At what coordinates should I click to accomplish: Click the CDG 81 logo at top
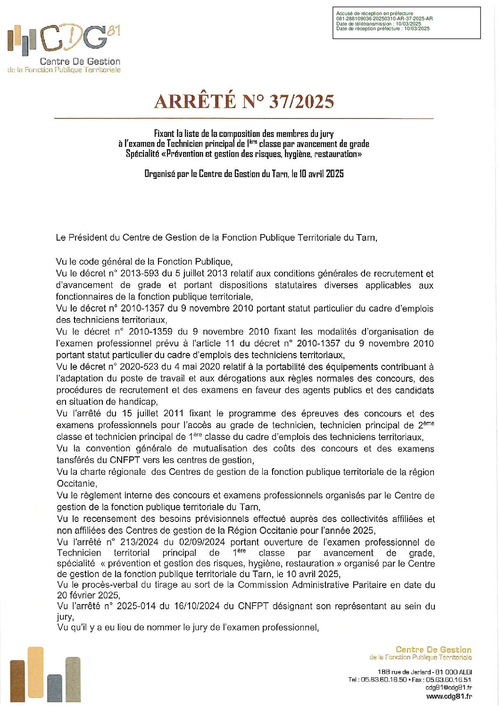point(64,40)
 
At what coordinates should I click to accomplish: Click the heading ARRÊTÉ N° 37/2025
point(244,101)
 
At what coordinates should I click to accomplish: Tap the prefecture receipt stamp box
point(406,23)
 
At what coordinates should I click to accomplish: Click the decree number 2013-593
point(140,273)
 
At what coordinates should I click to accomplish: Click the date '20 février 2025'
point(88,595)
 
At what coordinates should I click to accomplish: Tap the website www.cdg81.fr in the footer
point(449,696)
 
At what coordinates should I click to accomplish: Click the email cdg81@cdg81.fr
point(449,688)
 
